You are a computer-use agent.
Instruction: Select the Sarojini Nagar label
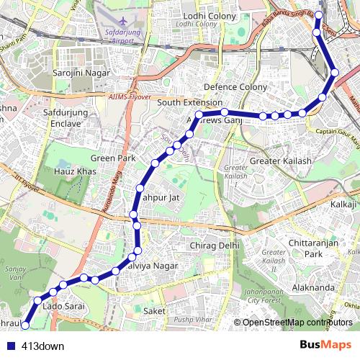pos(81,73)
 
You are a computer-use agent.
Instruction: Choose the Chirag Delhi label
pos(213,246)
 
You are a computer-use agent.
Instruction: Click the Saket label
pos(155,310)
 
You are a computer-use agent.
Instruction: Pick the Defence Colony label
pos(235,86)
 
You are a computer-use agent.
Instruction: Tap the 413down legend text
pos(42,346)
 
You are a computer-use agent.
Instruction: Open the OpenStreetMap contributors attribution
pos(297,323)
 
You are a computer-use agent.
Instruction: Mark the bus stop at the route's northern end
pos(318,14)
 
